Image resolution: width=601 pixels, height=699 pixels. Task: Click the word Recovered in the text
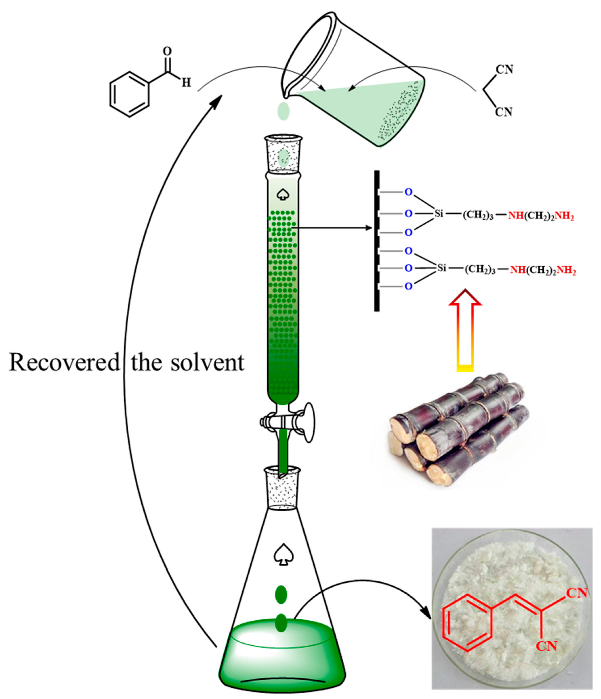pos(64,363)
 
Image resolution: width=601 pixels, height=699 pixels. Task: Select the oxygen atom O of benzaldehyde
pos(167,51)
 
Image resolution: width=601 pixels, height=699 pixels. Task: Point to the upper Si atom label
pos(438,213)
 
